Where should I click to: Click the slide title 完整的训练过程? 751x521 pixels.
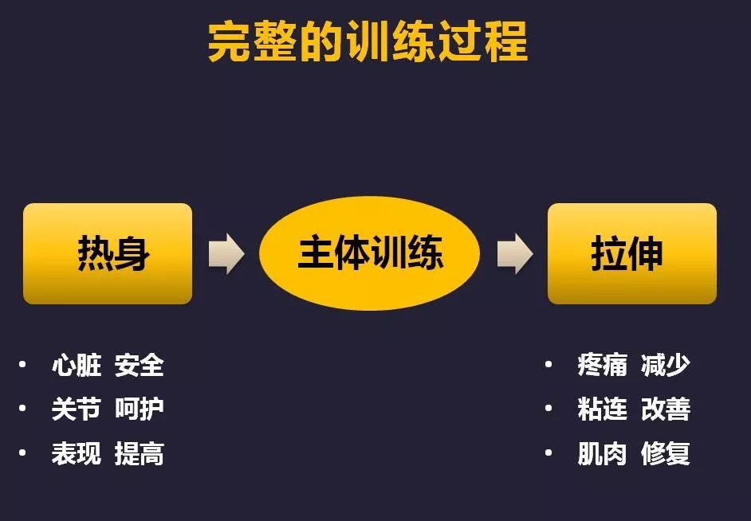[368, 42]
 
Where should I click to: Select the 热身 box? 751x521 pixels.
[108, 253]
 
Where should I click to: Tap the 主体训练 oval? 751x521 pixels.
[369, 253]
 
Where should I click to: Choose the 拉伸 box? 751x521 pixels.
[631, 253]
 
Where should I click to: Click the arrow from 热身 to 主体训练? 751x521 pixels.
[226, 253]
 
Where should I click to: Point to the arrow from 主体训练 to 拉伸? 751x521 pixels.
[515, 253]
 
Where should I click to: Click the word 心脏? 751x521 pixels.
[77, 366]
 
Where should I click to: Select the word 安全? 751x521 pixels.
[140, 366]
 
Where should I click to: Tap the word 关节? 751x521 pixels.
[77, 409]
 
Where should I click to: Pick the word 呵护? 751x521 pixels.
[140, 409]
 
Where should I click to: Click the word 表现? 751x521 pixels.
[77, 453]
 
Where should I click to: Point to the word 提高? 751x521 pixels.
[140, 453]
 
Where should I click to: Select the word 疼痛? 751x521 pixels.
[603, 366]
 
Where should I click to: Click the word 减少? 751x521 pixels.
[665, 366]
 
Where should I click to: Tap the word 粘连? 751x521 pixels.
[603, 409]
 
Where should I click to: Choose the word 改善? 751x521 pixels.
[665, 409]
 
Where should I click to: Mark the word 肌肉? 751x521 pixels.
[603, 453]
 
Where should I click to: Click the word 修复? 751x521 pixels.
[665, 453]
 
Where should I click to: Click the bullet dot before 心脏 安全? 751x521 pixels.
[22, 365]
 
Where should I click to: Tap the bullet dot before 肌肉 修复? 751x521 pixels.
[549, 452]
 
